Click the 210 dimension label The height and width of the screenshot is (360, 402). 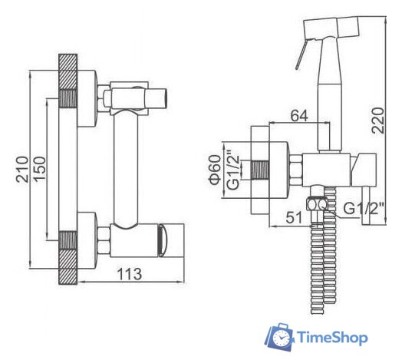click(x=22, y=170)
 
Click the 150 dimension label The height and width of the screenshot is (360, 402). click(x=40, y=170)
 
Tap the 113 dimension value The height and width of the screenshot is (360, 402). click(x=130, y=274)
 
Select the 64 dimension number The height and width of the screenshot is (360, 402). click(x=299, y=116)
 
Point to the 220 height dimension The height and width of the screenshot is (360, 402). click(x=378, y=121)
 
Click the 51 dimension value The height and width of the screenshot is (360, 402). click(x=294, y=218)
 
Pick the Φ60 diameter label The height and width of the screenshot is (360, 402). click(x=215, y=170)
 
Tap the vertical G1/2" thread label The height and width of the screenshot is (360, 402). click(x=233, y=170)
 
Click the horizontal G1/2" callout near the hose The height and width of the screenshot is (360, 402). click(x=364, y=208)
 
